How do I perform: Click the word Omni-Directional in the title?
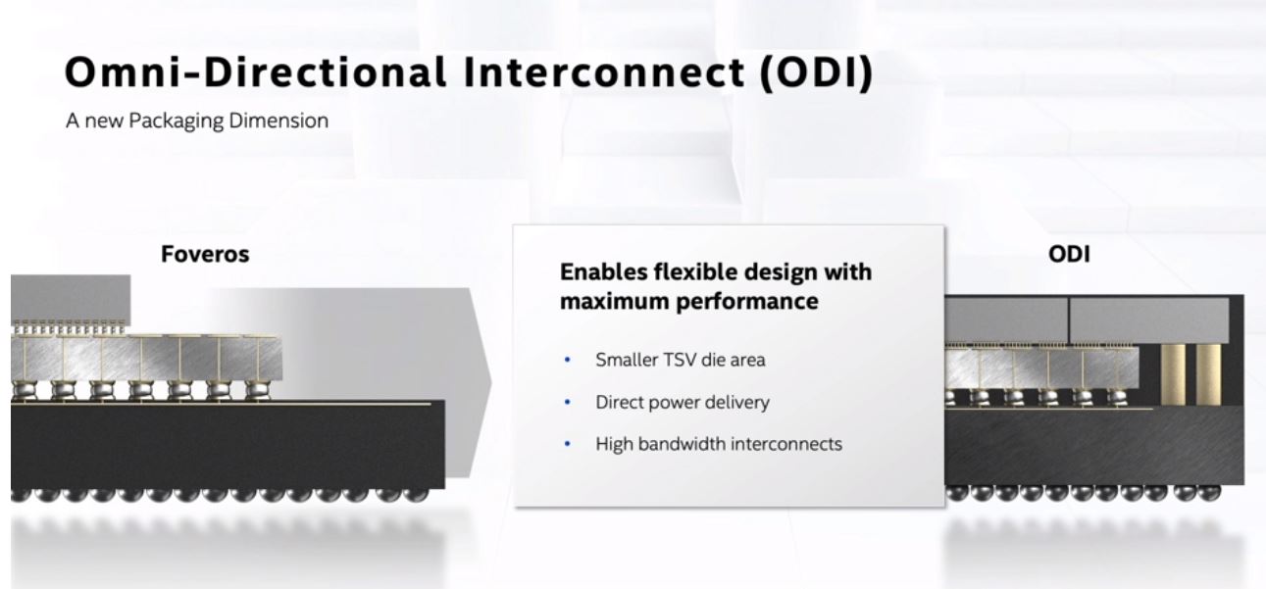coord(256,72)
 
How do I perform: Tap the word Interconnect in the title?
coord(604,72)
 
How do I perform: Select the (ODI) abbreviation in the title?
coord(817,73)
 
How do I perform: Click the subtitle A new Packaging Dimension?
coord(197,121)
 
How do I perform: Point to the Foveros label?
coord(205,254)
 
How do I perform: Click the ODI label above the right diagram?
coord(1069,254)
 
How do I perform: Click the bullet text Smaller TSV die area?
coord(681,360)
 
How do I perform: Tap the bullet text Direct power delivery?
coord(683,402)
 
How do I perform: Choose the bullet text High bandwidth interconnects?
coord(719,444)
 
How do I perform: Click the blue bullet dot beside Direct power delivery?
coord(568,402)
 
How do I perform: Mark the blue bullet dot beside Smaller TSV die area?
coord(568,360)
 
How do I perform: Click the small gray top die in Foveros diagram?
coord(71,298)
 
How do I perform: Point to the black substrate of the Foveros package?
coord(228,445)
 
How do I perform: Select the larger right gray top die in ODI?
coord(1149,319)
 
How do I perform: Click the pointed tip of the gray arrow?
coord(490,383)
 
